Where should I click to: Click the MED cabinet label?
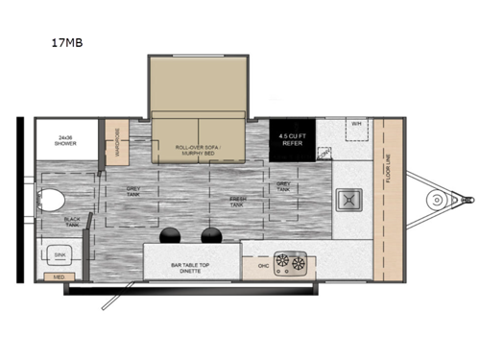[x=59, y=277]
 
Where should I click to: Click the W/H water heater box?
[x=355, y=124]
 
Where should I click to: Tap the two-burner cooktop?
[x=292, y=260]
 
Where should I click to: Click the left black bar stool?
[x=172, y=235]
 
